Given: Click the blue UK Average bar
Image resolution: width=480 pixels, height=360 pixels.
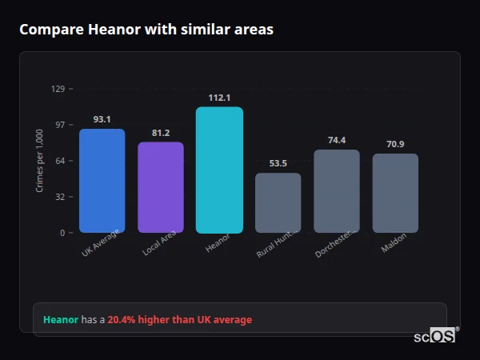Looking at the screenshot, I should click(102, 181).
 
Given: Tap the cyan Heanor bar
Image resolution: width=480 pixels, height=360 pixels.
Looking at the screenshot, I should click(219, 170).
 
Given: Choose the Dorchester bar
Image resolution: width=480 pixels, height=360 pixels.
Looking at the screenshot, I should click(337, 191).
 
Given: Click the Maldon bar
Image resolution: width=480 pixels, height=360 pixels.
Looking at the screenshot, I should click(395, 193).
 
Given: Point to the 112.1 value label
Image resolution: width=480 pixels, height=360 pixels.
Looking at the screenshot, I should click(219, 98).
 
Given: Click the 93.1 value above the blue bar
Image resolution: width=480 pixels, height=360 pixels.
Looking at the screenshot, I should click(102, 119).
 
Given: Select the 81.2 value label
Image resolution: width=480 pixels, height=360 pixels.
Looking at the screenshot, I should click(161, 133).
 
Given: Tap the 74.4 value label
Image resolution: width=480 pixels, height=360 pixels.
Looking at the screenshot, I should click(337, 140).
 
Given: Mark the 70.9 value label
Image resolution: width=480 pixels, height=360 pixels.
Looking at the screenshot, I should click(395, 144).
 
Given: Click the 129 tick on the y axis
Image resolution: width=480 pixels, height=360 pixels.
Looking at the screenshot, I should click(58, 89).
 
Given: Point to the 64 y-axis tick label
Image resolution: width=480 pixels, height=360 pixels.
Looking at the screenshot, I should click(60, 161).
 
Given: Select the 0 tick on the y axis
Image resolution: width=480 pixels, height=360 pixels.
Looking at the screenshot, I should click(62, 233).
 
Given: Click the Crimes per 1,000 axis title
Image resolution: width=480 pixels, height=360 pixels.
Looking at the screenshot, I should click(40, 161).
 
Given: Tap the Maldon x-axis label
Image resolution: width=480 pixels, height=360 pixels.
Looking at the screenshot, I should click(394, 243).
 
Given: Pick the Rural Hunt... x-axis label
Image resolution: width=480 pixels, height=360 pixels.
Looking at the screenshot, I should click(277, 244).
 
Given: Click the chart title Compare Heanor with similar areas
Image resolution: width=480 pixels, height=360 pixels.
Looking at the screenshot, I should click(146, 30).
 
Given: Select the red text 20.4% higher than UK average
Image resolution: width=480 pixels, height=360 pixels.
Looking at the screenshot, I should click(180, 319).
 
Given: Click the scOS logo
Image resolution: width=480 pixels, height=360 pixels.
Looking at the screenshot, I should click(435, 336).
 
